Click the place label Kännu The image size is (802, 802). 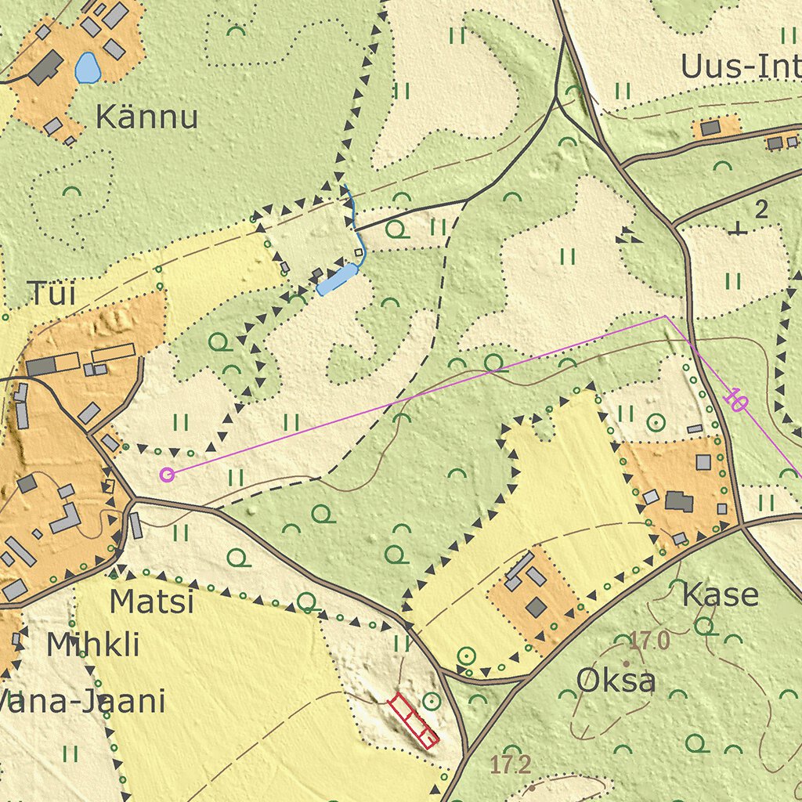146,117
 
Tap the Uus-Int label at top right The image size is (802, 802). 740,68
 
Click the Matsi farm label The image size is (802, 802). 151,601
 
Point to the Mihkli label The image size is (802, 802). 92,645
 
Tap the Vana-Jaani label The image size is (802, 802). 82,701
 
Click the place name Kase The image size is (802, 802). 720,595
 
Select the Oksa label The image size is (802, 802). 616,681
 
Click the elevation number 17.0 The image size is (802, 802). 649,641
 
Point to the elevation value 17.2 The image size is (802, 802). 511,765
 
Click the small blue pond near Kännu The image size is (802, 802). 87,68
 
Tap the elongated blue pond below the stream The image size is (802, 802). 337,280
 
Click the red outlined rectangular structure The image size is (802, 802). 413,720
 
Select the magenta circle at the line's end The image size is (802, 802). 166,474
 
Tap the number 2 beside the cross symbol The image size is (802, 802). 760,209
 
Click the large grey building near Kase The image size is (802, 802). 678,501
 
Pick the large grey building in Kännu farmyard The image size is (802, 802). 46,68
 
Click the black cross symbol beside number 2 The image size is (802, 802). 736,229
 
